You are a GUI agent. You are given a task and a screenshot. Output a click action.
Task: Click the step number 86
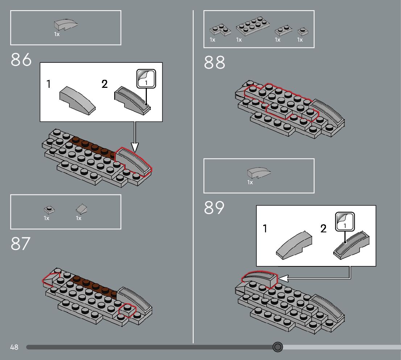21,60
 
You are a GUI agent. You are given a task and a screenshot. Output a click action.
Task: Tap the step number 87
20,244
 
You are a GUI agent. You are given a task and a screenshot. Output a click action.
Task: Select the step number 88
214,62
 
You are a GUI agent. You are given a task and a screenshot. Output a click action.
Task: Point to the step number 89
214,208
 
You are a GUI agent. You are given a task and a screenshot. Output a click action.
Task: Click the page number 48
14,347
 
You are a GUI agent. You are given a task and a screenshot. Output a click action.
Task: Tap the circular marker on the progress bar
277,347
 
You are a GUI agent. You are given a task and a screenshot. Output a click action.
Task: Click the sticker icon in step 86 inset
146,78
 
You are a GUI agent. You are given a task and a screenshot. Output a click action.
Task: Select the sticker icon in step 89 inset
345,221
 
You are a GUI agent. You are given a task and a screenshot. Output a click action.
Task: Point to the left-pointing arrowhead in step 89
283,278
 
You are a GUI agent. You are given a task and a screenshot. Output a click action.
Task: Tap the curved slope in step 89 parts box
259,173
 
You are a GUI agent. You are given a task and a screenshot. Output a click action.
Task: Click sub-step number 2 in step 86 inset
105,85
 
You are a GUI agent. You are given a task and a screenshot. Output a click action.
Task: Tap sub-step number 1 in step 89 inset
265,229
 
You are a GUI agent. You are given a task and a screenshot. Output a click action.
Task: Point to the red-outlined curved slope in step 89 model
259,279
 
